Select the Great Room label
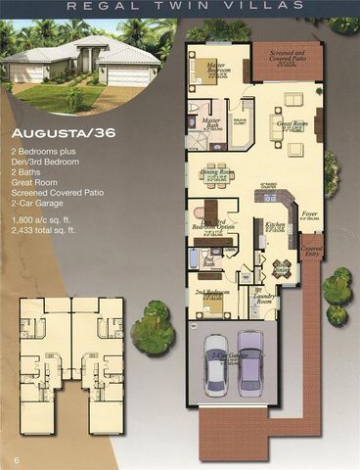tap(292, 124)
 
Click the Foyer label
tap(310, 213)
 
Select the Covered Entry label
tap(312, 252)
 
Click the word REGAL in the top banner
tap(112, 7)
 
